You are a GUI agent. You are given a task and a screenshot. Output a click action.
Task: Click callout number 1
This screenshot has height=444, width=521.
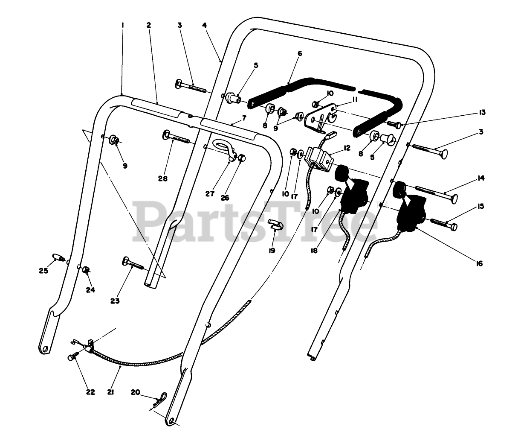coord(122,25)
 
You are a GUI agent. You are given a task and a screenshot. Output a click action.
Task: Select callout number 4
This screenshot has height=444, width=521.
coord(205,25)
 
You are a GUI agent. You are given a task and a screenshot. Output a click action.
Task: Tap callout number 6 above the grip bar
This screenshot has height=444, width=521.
coord(299,54)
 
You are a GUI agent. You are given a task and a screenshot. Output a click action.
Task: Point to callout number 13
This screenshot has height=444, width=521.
coord(482,112)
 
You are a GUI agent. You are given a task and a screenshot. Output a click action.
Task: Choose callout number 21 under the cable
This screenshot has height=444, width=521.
coord(110,392)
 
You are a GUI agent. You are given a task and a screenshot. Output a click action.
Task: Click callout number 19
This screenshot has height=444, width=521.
coord(272,251)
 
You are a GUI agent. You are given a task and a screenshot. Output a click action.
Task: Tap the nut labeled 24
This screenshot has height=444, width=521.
coord(86,269)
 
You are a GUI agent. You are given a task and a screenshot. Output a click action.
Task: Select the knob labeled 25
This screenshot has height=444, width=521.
coord(59,257)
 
